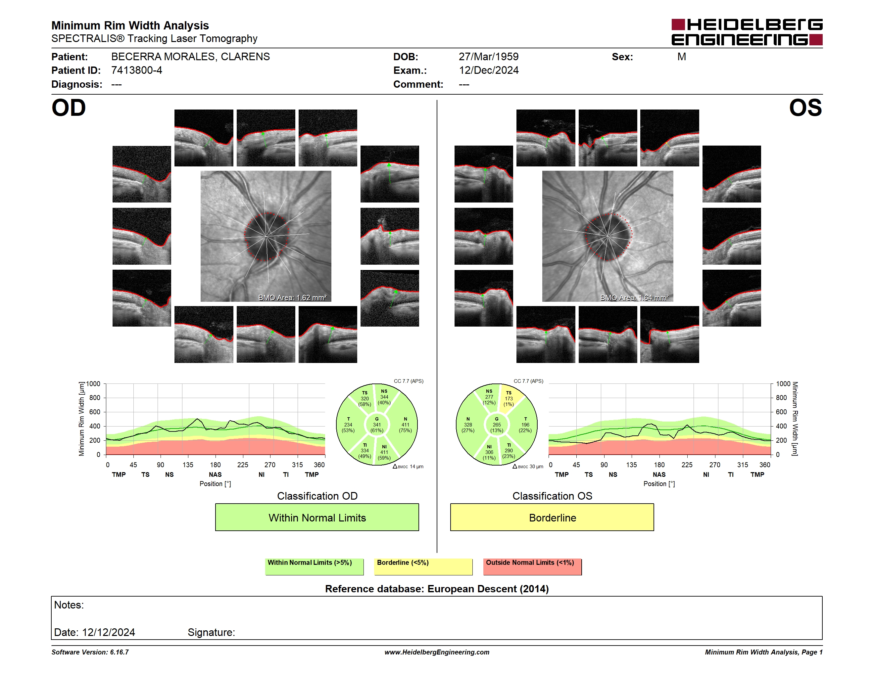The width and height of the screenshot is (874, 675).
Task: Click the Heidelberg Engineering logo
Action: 747,32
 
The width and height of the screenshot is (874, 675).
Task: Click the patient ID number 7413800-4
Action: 136,70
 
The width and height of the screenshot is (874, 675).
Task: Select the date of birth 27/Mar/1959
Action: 488,57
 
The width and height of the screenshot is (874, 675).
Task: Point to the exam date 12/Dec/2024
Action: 488,70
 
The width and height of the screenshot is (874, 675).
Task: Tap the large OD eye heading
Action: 69,108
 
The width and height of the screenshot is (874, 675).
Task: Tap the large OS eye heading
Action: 805,108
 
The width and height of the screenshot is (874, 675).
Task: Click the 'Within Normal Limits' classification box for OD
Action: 317,517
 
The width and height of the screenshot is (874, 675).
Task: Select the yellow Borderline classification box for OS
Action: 552,517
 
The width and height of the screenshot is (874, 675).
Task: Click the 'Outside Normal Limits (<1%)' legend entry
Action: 532,566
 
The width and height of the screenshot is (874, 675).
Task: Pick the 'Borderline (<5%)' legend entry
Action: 423,566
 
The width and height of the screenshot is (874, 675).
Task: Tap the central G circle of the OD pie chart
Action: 376,425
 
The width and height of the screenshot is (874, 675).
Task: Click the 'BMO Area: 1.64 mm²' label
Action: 634,297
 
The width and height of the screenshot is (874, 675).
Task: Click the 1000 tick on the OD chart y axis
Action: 93,384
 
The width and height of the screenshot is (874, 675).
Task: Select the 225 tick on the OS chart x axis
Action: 687,465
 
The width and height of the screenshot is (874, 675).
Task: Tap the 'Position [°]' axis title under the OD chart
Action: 215,483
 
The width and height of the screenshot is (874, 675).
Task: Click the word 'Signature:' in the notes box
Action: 211,632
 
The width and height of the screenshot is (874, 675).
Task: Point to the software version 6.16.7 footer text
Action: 90,652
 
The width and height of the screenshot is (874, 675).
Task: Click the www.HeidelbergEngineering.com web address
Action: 437,652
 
